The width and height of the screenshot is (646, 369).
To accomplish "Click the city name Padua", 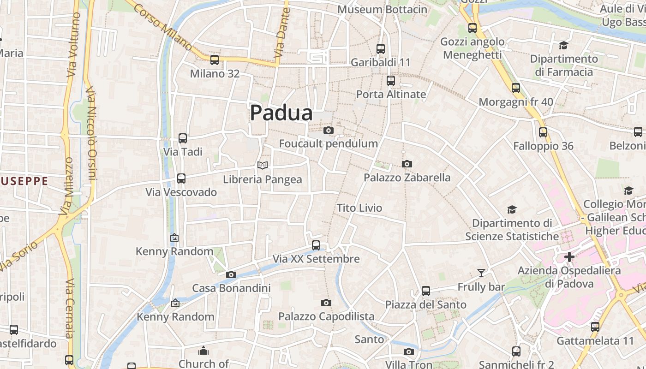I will (281, 113).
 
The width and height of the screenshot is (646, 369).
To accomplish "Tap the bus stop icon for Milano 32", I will (214, 60).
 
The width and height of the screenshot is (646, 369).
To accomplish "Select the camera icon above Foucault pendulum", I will (329, 131).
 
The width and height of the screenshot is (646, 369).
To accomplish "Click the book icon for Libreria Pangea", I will (263, 165).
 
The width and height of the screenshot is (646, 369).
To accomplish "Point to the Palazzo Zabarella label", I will (407, 178).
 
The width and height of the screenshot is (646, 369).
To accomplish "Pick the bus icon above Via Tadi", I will (183, 138).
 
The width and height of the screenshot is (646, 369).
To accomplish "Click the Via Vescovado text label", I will (181, 192).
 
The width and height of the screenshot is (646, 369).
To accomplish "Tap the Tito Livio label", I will (359, 208).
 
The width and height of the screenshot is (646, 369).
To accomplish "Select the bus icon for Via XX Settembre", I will (316, 245).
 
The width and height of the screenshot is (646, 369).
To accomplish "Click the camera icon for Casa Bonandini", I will (231, 275).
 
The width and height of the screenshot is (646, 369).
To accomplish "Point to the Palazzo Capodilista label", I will (326, 316).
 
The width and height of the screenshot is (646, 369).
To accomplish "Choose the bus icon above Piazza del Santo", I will (426, 291).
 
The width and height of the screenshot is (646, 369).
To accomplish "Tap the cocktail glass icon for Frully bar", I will (481, 273).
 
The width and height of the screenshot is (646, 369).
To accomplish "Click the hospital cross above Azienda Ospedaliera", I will (569, 257).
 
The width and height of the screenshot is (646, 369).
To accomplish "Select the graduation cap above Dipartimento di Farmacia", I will (563, 45).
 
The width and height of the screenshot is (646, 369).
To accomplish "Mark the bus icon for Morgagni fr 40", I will (516, 88).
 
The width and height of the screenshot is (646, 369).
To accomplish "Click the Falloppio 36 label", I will (543, 146).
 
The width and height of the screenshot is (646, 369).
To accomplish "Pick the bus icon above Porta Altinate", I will (391, 81).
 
